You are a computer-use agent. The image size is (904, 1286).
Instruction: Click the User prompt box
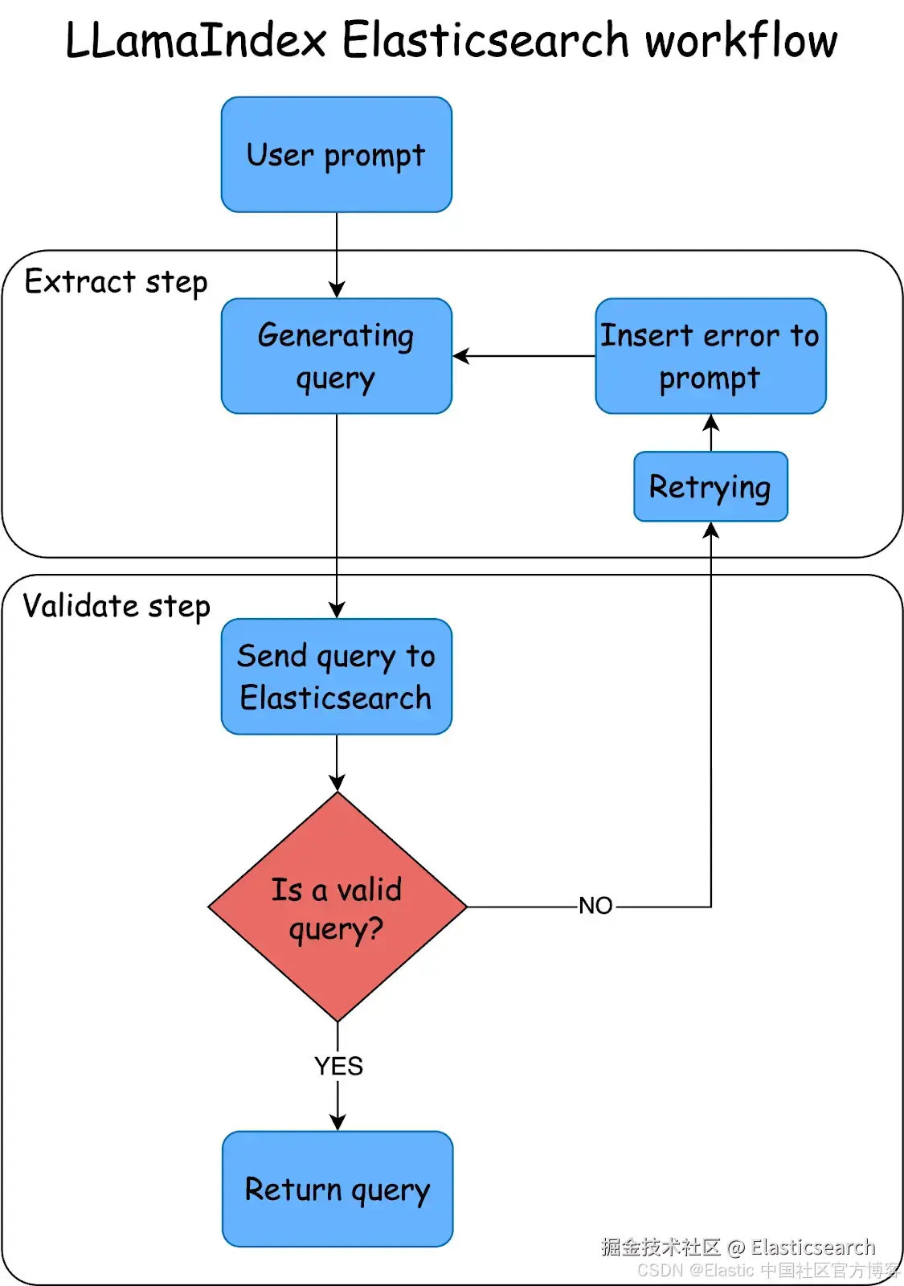337,154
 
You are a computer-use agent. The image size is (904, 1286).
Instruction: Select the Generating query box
337,356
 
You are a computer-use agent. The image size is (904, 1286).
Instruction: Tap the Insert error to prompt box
710,356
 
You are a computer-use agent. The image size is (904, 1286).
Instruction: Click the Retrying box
710,486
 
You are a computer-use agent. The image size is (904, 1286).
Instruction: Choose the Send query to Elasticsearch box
337,676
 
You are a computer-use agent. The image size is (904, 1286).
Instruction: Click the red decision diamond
337,907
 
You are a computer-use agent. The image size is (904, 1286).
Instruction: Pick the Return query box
337,1189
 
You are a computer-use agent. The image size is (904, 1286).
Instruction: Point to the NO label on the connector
595,906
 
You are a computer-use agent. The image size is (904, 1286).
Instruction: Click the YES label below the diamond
338,1066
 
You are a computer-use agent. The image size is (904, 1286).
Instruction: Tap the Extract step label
116,282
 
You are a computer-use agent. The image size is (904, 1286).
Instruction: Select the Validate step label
117,607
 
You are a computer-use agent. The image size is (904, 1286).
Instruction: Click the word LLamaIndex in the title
196,40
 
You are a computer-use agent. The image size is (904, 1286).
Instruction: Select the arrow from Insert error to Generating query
524,356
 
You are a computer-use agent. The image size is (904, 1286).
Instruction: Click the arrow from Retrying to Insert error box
711,433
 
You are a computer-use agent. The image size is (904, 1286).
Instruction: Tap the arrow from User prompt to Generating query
337,255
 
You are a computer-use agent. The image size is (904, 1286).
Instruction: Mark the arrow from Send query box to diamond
337,763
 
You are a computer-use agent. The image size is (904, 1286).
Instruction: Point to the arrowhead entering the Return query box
337,1123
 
